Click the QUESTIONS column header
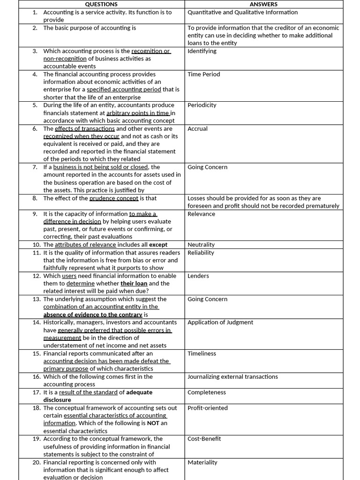click(x=101, y=4)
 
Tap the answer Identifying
click(x=202, y=51)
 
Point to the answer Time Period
click(x=203, y=74)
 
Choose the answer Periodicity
click(x=202, y=105)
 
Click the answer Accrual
click(x=197, y=128)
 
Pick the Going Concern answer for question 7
click(x=207, y=167)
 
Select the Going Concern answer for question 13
click(x=207, y=299)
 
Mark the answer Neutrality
click(x=201, y=245)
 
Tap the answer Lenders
click(x=198, y=276)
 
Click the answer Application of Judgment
click(x=220, y=322)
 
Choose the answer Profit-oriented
click(x=208, y=408)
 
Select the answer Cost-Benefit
click(x=204, y=439)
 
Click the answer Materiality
click(x=202, y=462)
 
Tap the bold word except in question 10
click(x=158, y=245)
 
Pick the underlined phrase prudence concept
click(x=114, y=198)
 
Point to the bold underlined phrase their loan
click(x=134, y=284)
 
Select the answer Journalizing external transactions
click(x=232, y=377)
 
